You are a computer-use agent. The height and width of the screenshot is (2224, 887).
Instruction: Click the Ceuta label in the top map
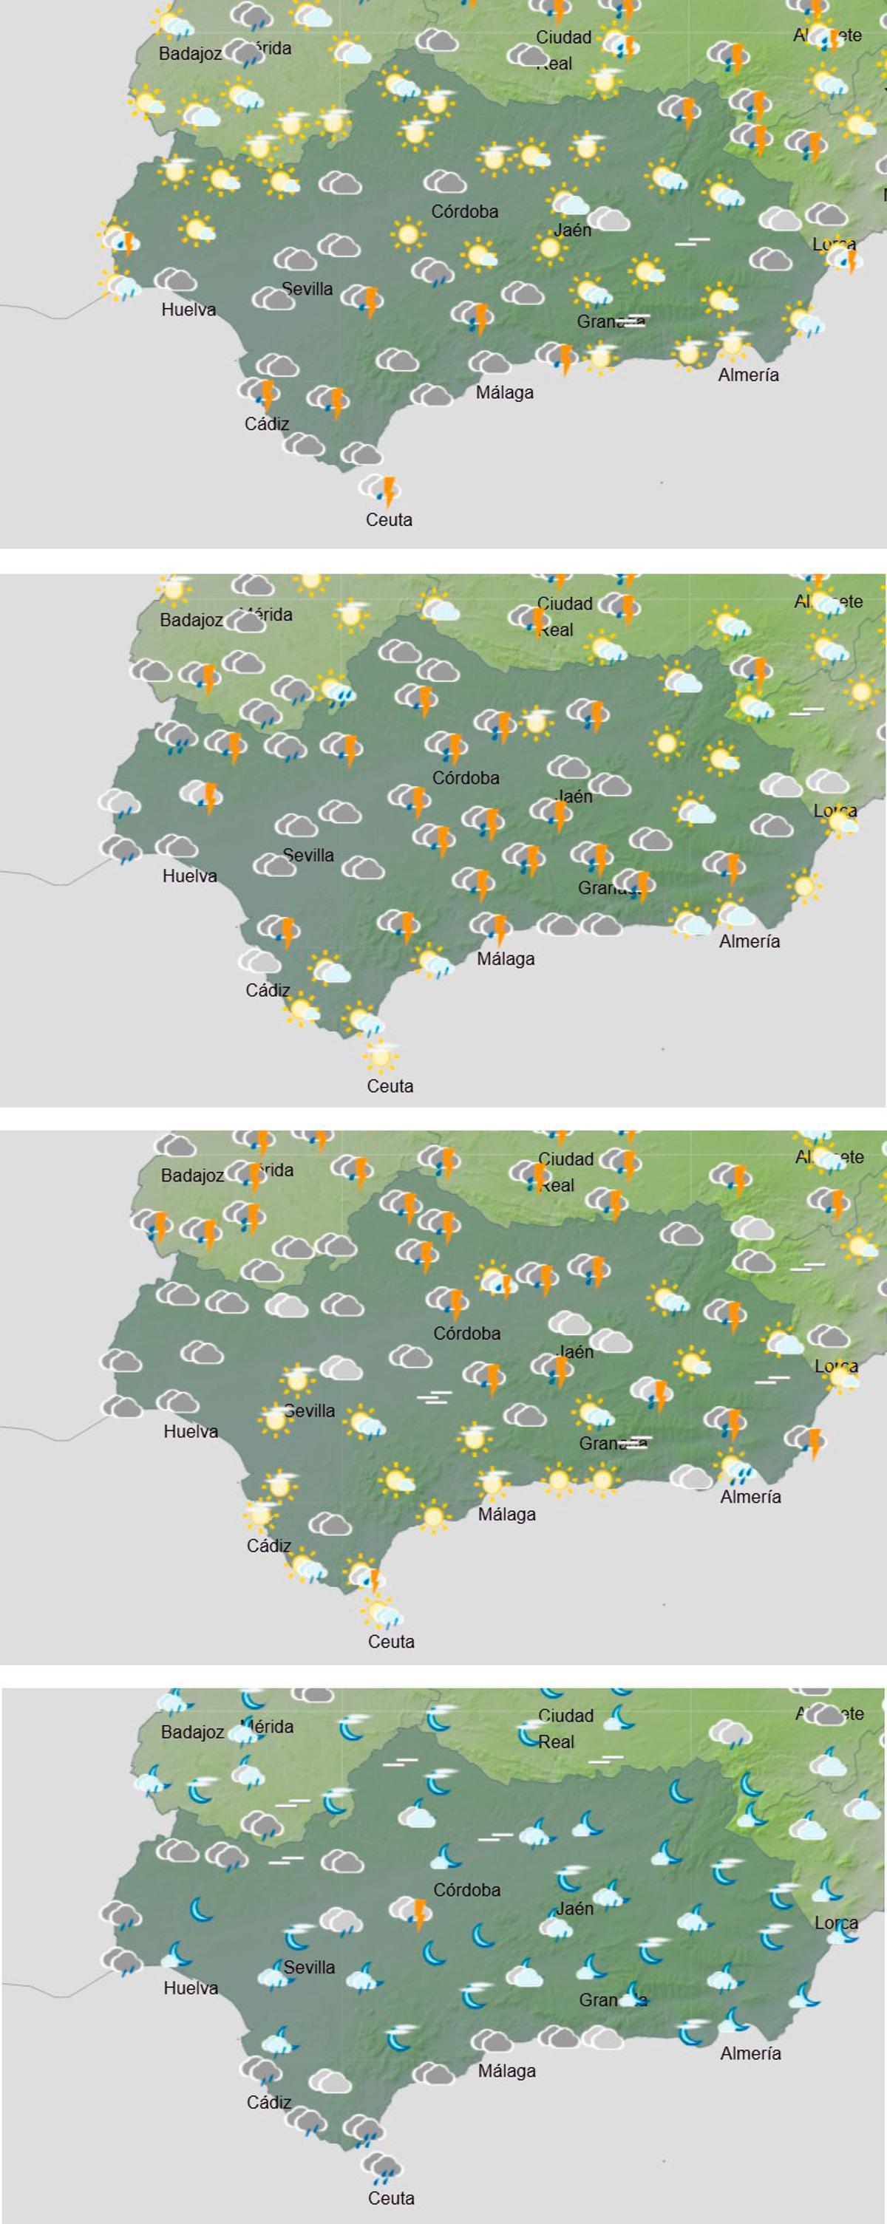pyautogui.click(x=389, y=519)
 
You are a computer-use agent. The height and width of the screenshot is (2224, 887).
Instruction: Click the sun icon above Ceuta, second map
pyautogui.click(x=380, y=1054)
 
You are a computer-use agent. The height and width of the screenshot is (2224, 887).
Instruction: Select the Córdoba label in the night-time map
pyautogui.click(x=466, y=1890)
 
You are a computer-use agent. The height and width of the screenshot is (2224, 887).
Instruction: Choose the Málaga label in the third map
pyautogui.click(x=507, y=1515)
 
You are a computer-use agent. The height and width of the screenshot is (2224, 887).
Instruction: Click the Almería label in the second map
pyautogui.click(x=750, y=941)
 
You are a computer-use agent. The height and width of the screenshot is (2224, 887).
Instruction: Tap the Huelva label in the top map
pyautogui.click(x=188, y=309)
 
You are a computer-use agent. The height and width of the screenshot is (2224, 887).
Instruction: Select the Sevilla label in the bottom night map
pyautogui.click(x=309, y=1967)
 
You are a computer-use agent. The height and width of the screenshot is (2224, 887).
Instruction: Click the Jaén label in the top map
pyautogui.click(x=573, y=230)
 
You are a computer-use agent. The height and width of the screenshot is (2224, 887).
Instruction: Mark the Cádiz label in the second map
pyautogui.click(x=268, y=990)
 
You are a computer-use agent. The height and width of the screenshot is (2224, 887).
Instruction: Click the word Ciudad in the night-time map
pyautogui.click(x=565, y=1716)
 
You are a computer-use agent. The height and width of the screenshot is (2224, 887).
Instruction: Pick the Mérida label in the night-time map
pyautogui.click(x=270, y=1727)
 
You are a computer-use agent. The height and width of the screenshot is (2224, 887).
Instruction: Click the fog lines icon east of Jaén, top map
pyautogui.click(x=692, y=242)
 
